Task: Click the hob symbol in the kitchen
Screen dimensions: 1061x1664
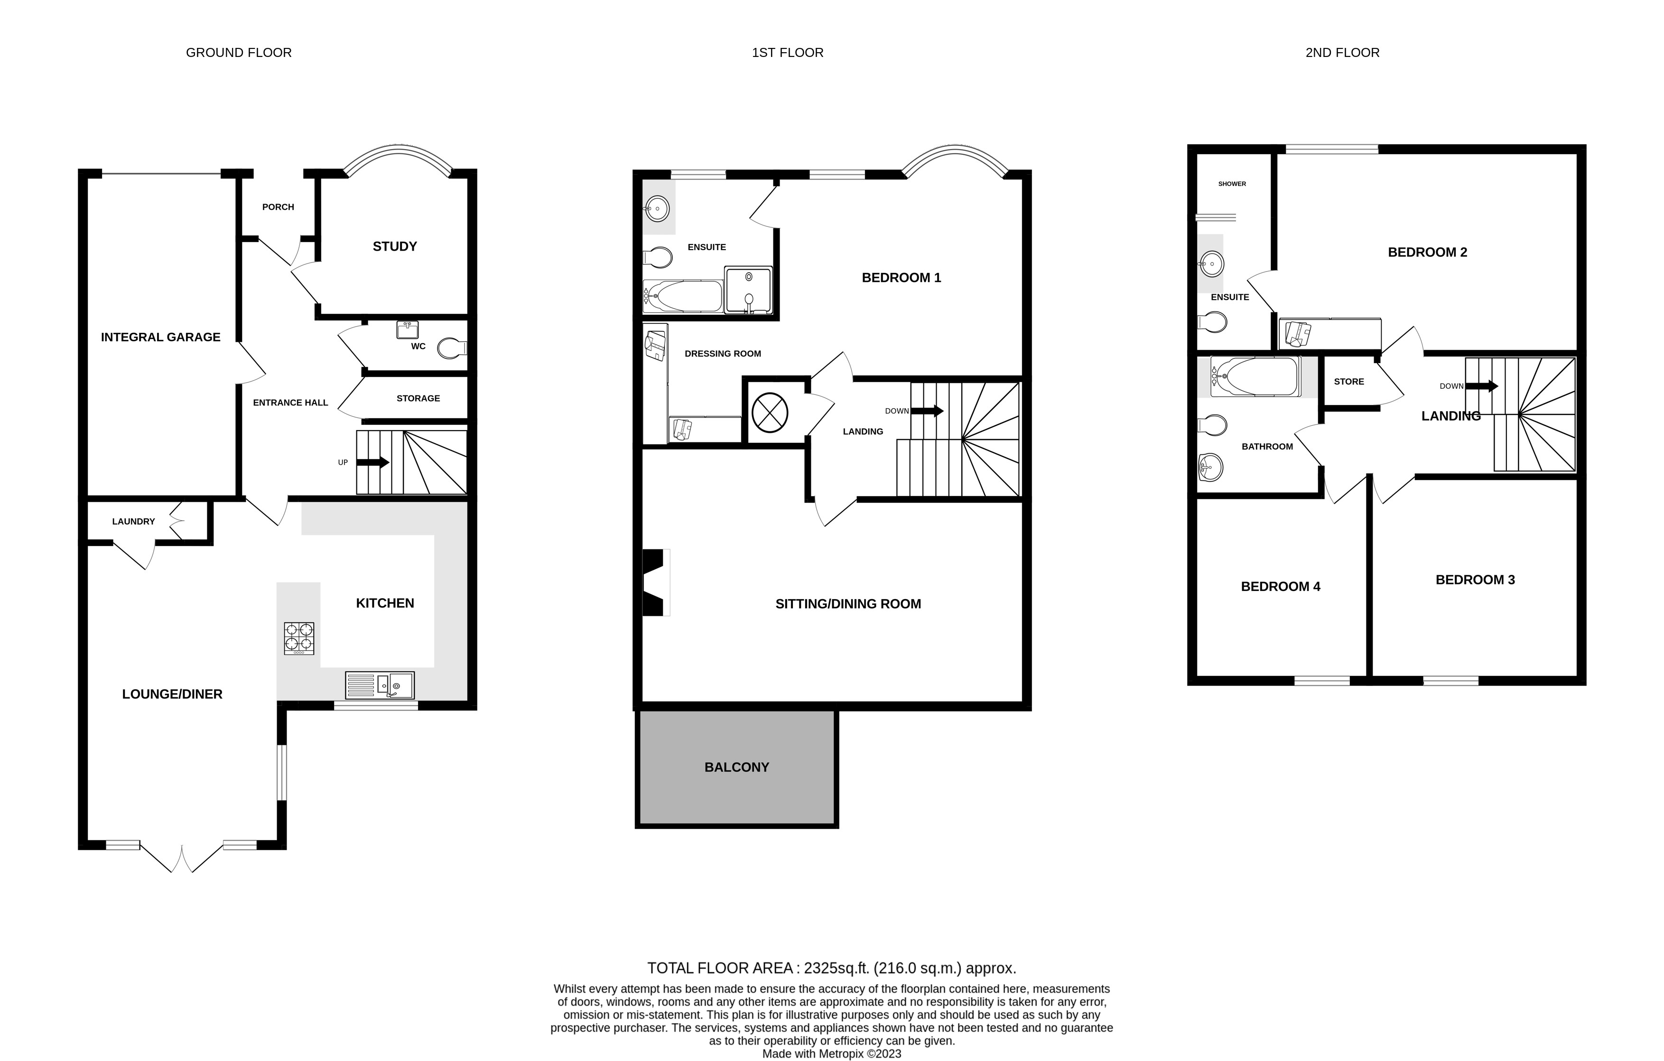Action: [x=298, y=638]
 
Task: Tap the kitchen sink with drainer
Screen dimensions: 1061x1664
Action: [x=380, y=685]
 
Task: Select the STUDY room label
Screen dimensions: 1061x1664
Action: [x=395, y=247]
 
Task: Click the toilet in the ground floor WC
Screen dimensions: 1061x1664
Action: [x=453, y=348]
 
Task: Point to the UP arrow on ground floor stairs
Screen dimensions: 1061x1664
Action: [x=373, y=462]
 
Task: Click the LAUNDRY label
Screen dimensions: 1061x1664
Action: [x=133, y=521]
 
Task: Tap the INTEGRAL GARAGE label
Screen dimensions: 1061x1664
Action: [x=160, y=338]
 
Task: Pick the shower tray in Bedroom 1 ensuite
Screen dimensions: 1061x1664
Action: [x=748, y=289]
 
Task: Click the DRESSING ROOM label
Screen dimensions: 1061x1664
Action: [x=722, y=354]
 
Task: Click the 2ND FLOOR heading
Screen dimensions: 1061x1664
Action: [x=1341, y=53]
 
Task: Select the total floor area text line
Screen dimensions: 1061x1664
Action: [x=831, y=968]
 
